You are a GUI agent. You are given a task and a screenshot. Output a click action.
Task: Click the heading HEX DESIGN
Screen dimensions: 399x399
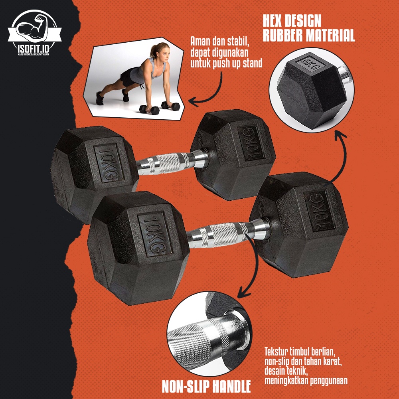(x=292, y=21)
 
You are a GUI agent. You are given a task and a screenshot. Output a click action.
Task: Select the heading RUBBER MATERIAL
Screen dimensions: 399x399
(x=308, y=35)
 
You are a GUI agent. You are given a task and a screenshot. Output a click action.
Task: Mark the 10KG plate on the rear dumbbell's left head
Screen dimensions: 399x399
(x=109, y=163)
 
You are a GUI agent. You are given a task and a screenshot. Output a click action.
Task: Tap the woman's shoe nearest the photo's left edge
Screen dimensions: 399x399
(x=100, y=99)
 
